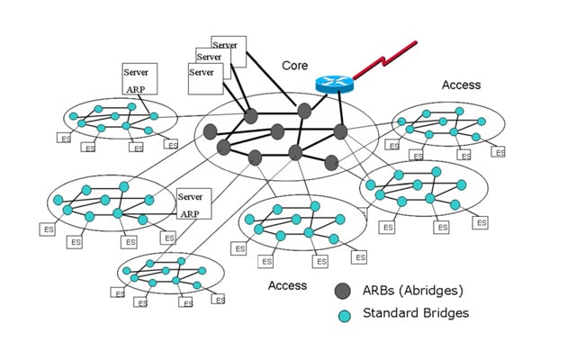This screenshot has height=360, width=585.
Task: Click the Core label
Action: click(295, 66)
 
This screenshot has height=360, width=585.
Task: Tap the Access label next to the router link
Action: click(461, 85)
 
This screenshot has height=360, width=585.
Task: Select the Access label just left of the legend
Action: click(287, 285)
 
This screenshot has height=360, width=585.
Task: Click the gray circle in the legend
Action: click(343, 292)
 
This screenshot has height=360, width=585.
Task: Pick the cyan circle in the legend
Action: click(343, 314)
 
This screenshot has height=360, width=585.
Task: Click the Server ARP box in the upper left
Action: click(139, 78)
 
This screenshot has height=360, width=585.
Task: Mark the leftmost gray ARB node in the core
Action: click(211, 131)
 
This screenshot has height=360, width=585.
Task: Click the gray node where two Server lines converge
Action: click(250, 116)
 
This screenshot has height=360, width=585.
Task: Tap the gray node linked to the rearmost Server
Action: click(304, 110)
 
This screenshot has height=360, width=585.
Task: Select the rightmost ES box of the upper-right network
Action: click(498, 151)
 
